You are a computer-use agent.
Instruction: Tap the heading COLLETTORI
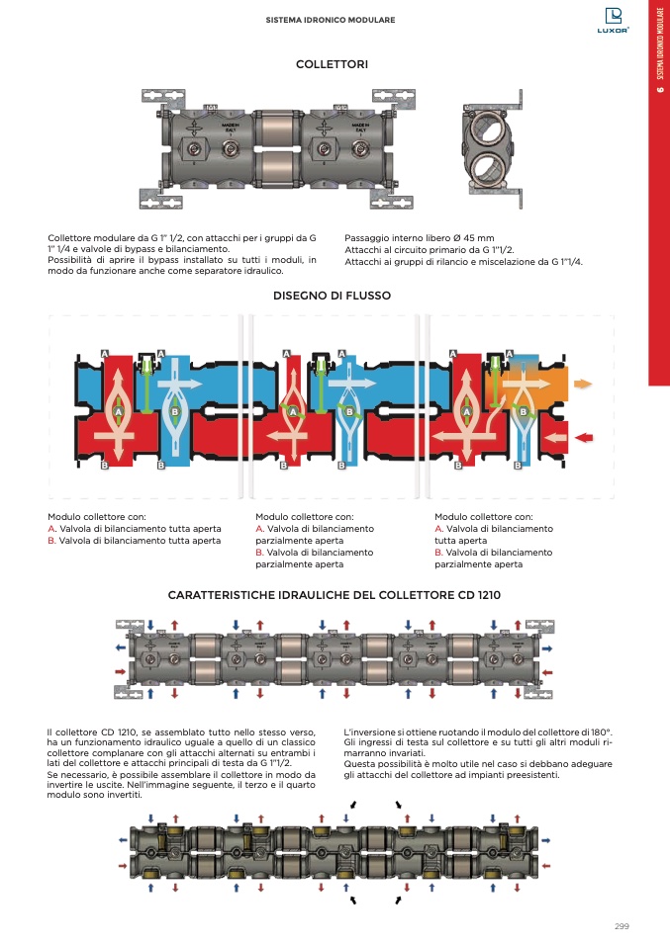point(333,64)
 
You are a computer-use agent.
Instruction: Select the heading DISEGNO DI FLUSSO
point(333,296)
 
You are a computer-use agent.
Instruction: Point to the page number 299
point(622,926)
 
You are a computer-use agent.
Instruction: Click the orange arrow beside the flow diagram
point(584,384)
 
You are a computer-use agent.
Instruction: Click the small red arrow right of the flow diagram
point(585,437)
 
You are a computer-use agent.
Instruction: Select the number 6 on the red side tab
point(659,92)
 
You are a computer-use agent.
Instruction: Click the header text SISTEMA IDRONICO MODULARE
point(332,20)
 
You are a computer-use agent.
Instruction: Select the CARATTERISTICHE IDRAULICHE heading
point(335,596)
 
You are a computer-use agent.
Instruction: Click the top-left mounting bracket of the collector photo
point(163,97)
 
